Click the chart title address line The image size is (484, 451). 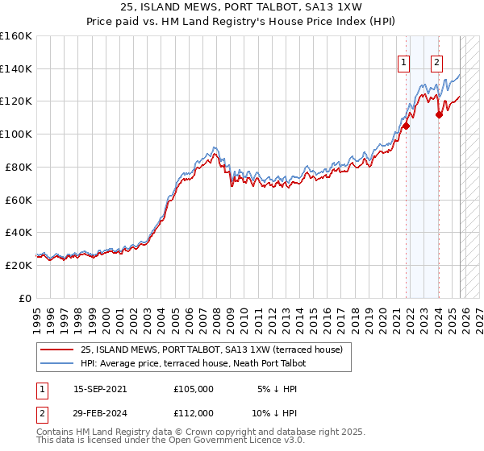[242, 7]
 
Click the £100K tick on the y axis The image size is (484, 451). [16, 134]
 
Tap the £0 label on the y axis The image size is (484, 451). [24, 298]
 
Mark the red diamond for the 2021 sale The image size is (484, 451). [406, 126]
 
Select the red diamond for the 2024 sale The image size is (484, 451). [439, 114]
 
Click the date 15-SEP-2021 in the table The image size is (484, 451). [100, 388]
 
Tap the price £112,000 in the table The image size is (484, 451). [193, 412]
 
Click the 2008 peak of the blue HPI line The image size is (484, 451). [214, 147]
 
